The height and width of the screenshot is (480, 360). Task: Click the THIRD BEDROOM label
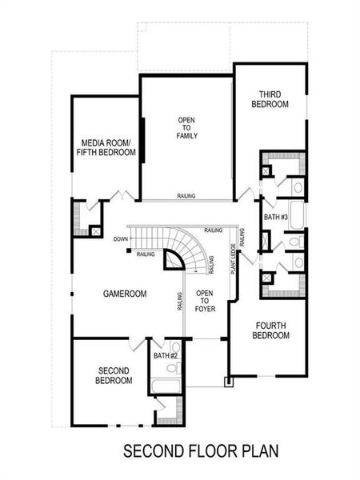(269, 98)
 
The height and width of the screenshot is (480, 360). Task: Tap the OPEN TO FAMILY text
(187, 128)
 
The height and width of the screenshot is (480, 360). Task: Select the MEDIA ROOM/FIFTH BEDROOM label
(106, 147)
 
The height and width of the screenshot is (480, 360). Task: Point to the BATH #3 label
(275, 217)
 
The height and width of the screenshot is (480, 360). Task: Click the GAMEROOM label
(125, 294)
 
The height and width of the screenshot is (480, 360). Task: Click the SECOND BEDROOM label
(115, 375)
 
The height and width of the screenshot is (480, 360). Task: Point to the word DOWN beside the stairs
(121, 239)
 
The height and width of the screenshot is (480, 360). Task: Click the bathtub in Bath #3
(296, 214)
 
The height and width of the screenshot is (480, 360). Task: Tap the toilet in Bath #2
(175, 364)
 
